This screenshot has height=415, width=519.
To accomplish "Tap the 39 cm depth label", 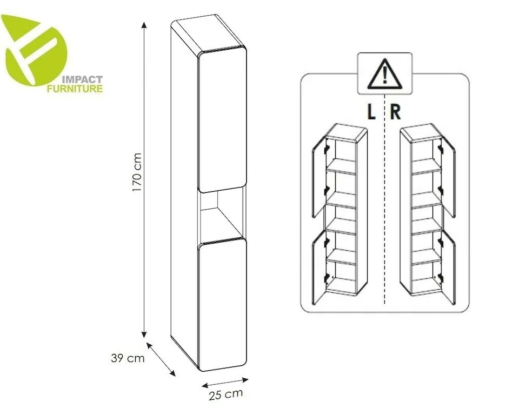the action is pos(128,358).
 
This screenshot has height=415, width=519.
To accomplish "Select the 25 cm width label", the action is pos(226,394).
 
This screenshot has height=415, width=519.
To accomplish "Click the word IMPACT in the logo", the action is pos(83,80).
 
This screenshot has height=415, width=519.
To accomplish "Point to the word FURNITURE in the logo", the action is pos(75,89).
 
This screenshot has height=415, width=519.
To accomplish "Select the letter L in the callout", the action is pos(371,112).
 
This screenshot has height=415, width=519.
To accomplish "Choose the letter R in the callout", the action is pos(396,112).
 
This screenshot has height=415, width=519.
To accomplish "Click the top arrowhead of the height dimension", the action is pos(144,25).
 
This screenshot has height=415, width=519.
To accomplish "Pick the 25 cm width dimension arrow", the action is pos(225,382).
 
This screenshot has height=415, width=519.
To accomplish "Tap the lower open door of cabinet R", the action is pos(448,267).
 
